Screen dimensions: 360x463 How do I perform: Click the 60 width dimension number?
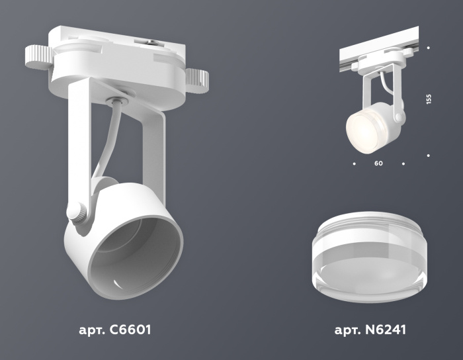point(378,163)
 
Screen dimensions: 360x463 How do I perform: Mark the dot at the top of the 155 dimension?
point(429,48)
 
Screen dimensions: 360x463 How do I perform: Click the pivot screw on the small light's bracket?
point(399,117)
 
